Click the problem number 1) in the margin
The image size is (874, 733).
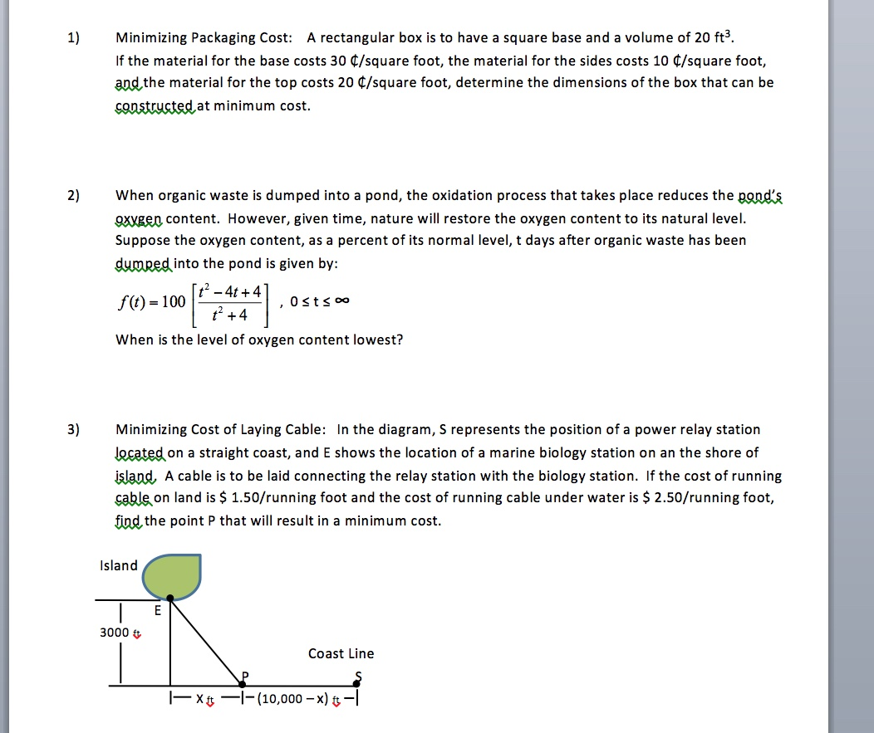pyautogui.click(x=74, y=37)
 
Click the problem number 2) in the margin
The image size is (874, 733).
pyautogui.click(x=74, y=196)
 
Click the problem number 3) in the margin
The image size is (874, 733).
pyautogui.click(x=74, y=430)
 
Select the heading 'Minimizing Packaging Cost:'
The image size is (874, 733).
pyautogui.click(x=204, y=37)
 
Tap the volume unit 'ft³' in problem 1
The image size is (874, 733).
pyautogui.click(x=723, y=37)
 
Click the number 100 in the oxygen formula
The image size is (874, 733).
pyautogui.click(x=174, y=301)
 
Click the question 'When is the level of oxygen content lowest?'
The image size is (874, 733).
pyautogui.click(x=259, y=340)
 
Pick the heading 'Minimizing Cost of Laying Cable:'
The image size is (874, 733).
pyautogui.click(x=221, y=430)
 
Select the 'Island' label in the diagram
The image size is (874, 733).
pyautogui.click(x=118, y=566)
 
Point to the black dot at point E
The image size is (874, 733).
pyautogui.click(x=170, y=598)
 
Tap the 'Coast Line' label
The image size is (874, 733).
pyautogui.click(x=341, y=654)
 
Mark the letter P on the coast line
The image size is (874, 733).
pyautogui.click(x=244, y=675)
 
